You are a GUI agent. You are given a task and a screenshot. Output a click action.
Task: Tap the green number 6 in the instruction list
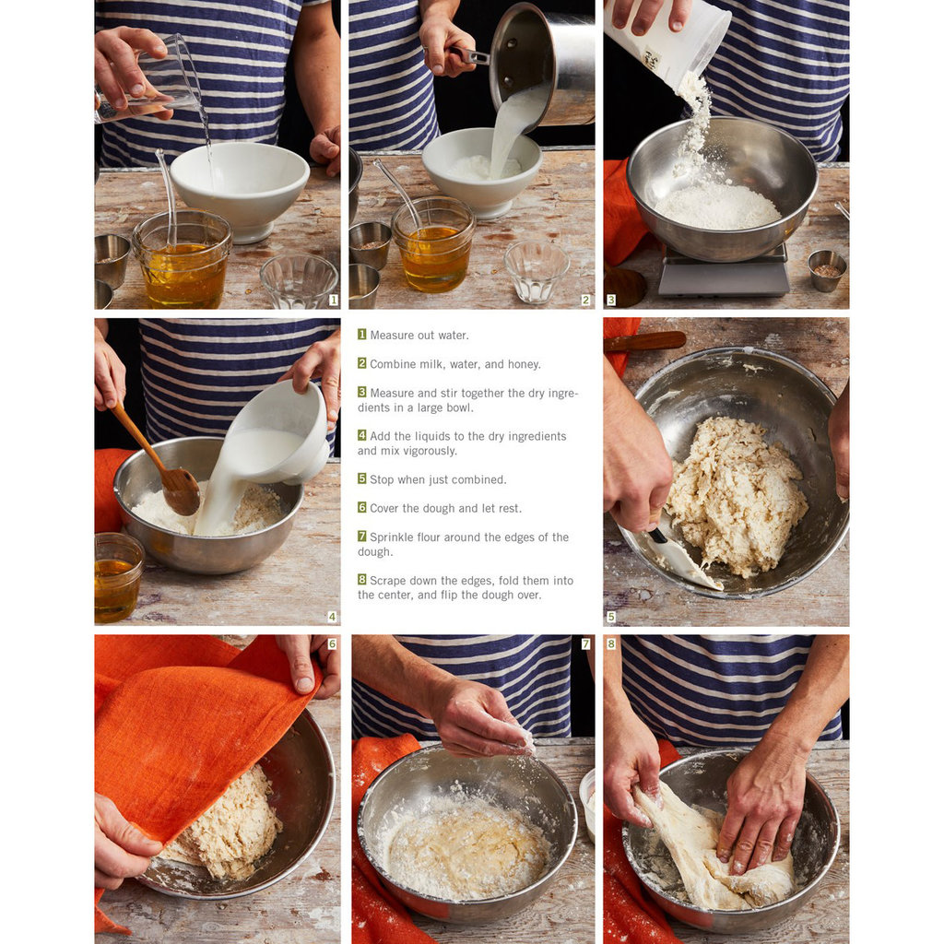click(x=361, y=508)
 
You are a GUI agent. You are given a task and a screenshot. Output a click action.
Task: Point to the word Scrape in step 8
click(x=388, y=581)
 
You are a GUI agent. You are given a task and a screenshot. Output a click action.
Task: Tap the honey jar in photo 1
click(x=183, y=259)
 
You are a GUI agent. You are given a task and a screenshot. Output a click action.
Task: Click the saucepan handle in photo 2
click(x=466, y=55)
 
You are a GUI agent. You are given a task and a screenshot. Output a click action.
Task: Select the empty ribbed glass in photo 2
click(x=536, y=271)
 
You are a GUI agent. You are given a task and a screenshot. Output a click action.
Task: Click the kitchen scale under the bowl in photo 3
click(x=724, y=273)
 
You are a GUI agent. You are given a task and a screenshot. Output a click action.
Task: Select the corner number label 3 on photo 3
click(x=611, y=300)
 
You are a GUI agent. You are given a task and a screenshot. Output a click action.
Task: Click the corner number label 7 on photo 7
click(x=585, y=644)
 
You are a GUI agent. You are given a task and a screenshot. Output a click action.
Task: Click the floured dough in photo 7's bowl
click(x=466, y=849)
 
